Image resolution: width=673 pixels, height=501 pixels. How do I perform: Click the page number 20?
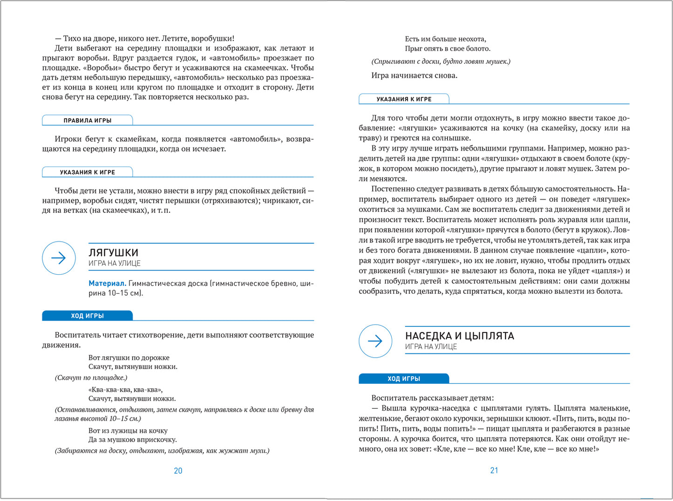[178, 471]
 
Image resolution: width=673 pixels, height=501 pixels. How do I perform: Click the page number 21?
[494, 470]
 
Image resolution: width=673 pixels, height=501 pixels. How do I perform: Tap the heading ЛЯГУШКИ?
[113, 253]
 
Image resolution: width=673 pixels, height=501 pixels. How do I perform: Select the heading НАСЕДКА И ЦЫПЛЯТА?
[459, 336]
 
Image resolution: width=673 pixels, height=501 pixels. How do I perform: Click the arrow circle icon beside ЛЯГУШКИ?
[59, 258]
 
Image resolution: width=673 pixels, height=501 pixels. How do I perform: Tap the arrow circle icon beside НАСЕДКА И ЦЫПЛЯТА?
[375, 341]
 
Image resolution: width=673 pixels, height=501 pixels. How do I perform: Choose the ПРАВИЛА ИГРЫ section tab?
[88, 121]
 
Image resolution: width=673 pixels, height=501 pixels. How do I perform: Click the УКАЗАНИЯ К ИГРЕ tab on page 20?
[88, 172]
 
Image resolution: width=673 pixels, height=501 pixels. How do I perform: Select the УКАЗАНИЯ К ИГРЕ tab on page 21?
[404, 99]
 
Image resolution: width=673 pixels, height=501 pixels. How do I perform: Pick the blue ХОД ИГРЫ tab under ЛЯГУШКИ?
[88, 316]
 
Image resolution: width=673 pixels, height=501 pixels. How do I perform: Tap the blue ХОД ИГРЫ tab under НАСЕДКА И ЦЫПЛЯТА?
[404, 379]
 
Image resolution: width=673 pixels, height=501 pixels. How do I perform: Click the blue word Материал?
[107, 283]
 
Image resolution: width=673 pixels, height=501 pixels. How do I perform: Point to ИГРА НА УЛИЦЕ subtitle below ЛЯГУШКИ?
[115, 264]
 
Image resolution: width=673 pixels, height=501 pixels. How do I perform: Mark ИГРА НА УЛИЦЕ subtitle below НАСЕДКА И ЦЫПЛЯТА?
[431, 347]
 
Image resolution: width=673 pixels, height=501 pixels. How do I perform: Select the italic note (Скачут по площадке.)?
[91, 378]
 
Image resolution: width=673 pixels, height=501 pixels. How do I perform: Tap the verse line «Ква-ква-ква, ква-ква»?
[125, 390]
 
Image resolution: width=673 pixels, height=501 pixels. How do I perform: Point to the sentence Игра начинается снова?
[414, 75]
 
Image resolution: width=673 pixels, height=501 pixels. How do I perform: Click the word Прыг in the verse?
[413, 48]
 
